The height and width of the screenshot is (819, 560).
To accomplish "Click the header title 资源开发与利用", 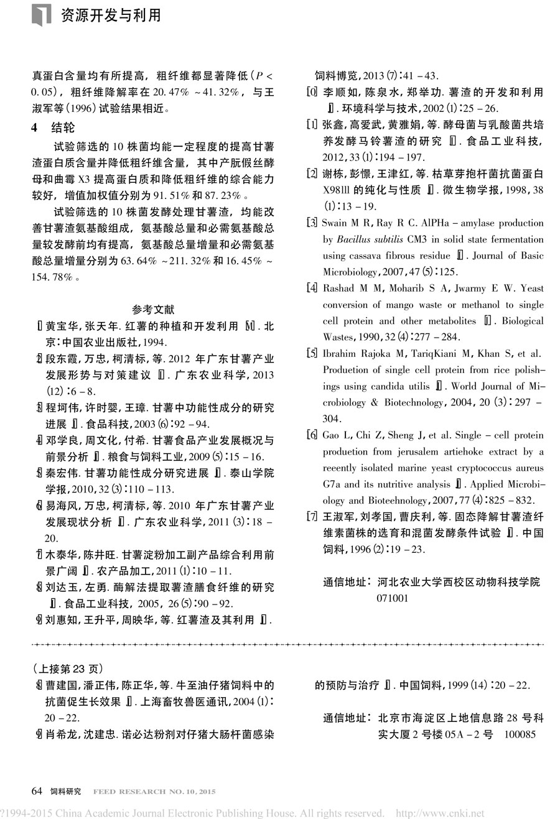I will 111,15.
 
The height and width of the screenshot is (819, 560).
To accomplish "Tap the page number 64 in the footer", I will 37,791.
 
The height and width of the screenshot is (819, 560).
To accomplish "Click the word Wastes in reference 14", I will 337,337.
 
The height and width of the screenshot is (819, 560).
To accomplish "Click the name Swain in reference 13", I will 335,223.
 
